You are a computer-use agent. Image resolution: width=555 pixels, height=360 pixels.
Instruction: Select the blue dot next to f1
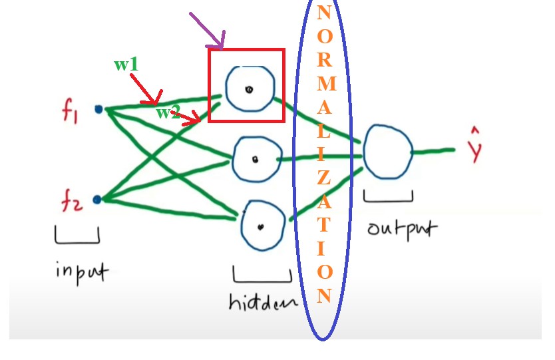coord(98,110)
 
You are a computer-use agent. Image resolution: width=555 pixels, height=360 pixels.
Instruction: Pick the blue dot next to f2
coord(97,199)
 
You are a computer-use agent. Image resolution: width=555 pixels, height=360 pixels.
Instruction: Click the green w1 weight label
coord(126,65)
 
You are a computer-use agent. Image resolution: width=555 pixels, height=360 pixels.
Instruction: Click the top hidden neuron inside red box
coord(248,89)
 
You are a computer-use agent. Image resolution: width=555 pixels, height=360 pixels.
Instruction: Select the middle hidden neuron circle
coord(254,159)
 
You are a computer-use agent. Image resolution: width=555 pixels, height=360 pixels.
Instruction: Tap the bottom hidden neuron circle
coord(262,224)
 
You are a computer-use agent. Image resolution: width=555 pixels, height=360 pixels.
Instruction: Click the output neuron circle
coord(387,152)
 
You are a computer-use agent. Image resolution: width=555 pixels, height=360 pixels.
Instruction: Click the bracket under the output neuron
coord(388,197)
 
